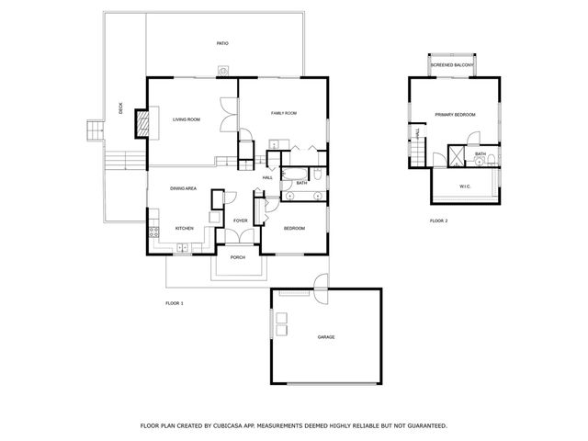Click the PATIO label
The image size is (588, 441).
pos(222,43)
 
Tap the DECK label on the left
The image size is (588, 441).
pos(121,108)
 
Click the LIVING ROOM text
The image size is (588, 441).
pos(187,119)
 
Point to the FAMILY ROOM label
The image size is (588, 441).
pos(283,113)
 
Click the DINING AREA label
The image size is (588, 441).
pos(183,188)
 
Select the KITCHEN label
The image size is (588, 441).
pos(184,228)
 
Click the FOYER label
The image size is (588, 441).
pos(240,220)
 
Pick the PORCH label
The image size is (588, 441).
pos(238,257)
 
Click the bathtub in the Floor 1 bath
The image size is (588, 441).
pos(297,174)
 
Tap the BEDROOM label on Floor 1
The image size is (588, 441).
pos(293,228)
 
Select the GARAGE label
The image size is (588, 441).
pos(325,337)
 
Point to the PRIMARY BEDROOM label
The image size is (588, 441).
pos(455,114)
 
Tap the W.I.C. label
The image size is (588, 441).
pos(465,187)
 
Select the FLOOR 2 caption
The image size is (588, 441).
pos(439,221)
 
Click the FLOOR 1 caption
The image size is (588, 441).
pos(175,302)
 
